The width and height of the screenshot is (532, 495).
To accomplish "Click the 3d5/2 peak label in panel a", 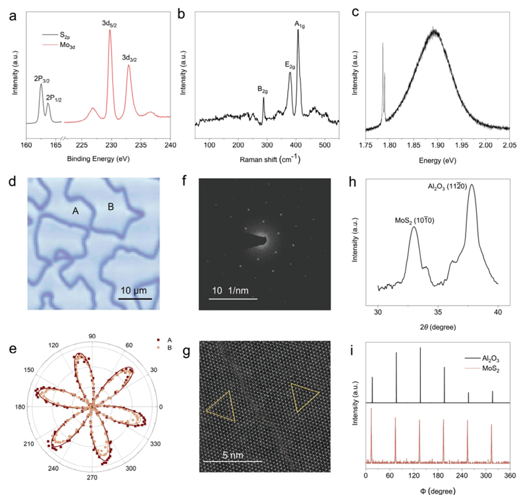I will click(110, 24).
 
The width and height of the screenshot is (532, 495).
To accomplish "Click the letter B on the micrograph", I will click(111, 207).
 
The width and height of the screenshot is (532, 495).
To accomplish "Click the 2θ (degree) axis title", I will click(437, 326).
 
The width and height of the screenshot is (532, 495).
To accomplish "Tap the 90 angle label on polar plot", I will click(92, 336).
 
